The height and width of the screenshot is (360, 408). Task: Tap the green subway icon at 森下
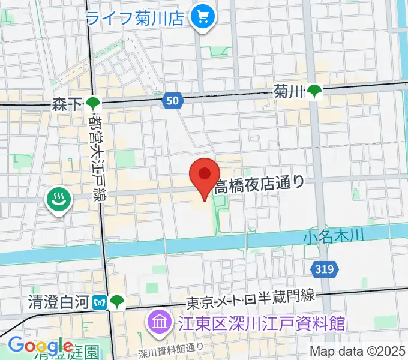[x=92, y=105]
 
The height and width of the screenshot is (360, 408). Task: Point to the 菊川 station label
[x=289, y=91]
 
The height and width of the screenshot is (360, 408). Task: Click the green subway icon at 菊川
[x=314, y=91]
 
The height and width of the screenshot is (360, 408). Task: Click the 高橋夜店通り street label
[x=259, y=182]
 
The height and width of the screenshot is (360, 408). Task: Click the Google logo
[x=40, y=346]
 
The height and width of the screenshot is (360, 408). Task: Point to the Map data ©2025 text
[x=357, y=351]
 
